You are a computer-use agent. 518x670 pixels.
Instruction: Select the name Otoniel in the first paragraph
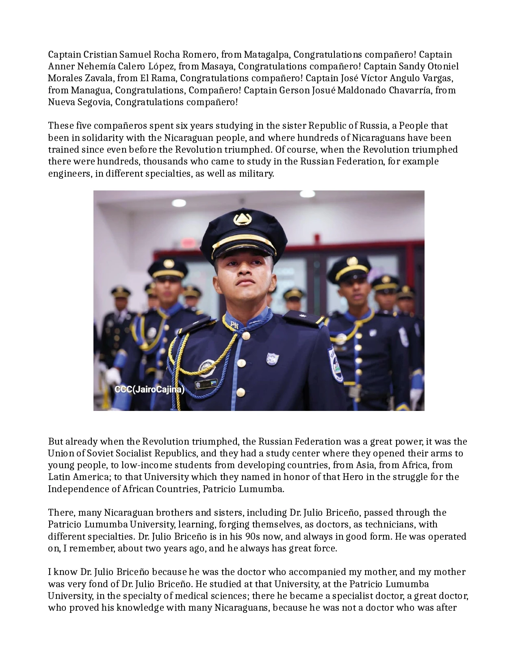(x=443, y=66)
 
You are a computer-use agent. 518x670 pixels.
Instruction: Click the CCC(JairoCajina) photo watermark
(x=150, y=390)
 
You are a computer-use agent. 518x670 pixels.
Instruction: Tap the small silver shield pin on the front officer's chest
(x=272, y=359)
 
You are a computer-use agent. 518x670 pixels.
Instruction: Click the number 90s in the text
(x=256, y=536)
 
